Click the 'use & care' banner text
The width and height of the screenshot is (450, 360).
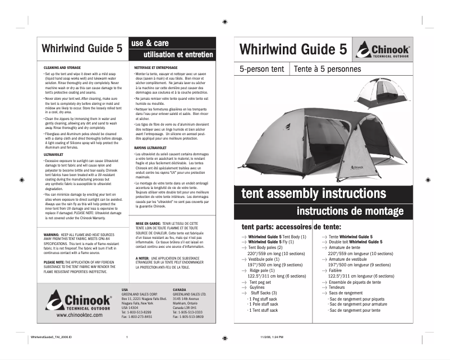[x=149, y=43]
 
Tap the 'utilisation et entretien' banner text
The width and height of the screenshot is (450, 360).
[x=178, y=54]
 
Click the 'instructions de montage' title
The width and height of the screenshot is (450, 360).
[x=350, y=211]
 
